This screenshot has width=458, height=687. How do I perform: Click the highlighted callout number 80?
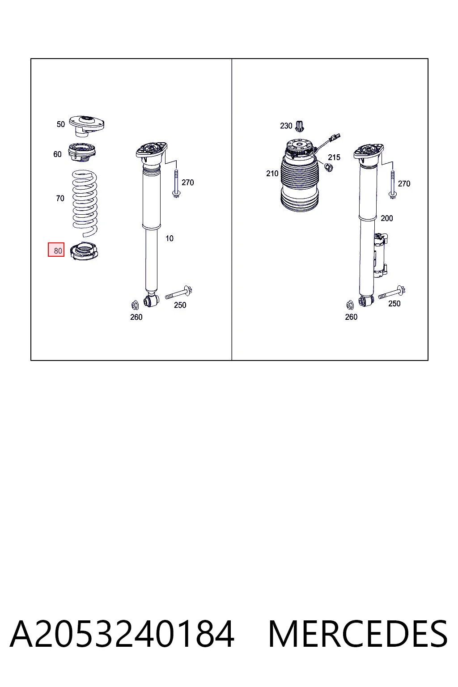point(58,250)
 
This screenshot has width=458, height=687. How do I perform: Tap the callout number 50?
point(61,124)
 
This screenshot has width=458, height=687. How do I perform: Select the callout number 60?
point(57,154)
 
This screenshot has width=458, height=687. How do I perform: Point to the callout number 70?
point(60,199)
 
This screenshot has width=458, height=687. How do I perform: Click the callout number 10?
point(170,238)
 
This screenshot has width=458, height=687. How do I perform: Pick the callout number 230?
point(286,126)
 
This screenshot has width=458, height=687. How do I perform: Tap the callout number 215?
point(334,157)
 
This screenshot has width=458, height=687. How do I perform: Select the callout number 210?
point(272,174)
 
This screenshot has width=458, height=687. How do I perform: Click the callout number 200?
point(386,218)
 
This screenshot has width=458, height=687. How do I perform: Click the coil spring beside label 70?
point(85,204)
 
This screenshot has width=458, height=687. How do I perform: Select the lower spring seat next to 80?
point(84,251)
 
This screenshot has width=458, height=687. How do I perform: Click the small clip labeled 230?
point(300,126)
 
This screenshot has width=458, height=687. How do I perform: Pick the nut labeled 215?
point(329,167)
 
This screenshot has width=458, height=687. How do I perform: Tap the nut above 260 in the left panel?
point(135,305)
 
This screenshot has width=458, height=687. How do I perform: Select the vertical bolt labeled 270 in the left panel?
point(176,183)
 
